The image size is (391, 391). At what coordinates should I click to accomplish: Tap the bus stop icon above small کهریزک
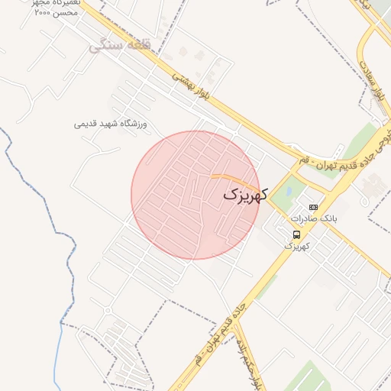[x=296, y=234]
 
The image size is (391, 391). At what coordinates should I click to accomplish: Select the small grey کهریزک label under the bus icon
[x=296, y=246]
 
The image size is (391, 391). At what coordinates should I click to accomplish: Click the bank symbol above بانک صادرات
[x=312, y=207]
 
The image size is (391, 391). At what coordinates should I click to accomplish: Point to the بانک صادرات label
[x=318, y=218]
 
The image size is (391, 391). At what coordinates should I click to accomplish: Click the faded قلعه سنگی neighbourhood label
[x=118, y=46]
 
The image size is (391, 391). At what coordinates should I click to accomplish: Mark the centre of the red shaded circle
[x=195, y=195]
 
